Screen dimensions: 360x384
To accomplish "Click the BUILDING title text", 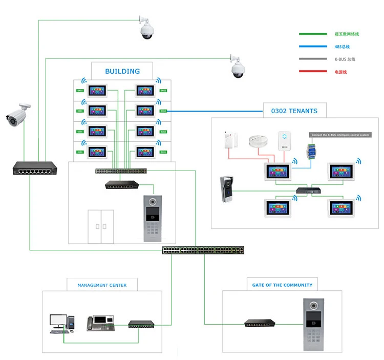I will tap(122, 71).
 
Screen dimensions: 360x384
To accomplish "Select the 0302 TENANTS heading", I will tap(295, 111).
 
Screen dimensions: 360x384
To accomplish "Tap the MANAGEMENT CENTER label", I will tap(102, 285).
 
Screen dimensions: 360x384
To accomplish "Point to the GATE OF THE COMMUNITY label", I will tap(282, 285).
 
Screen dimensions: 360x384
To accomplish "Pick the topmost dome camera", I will tap(147, 29).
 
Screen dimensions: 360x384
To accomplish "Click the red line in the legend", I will tap(313, 72).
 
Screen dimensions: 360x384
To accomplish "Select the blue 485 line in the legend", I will tap(313, 47).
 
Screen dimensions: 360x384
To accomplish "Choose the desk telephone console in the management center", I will tap(98, 323).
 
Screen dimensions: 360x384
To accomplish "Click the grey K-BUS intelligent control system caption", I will tap(339, 135).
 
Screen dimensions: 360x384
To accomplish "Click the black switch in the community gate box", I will tap(260, 324).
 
